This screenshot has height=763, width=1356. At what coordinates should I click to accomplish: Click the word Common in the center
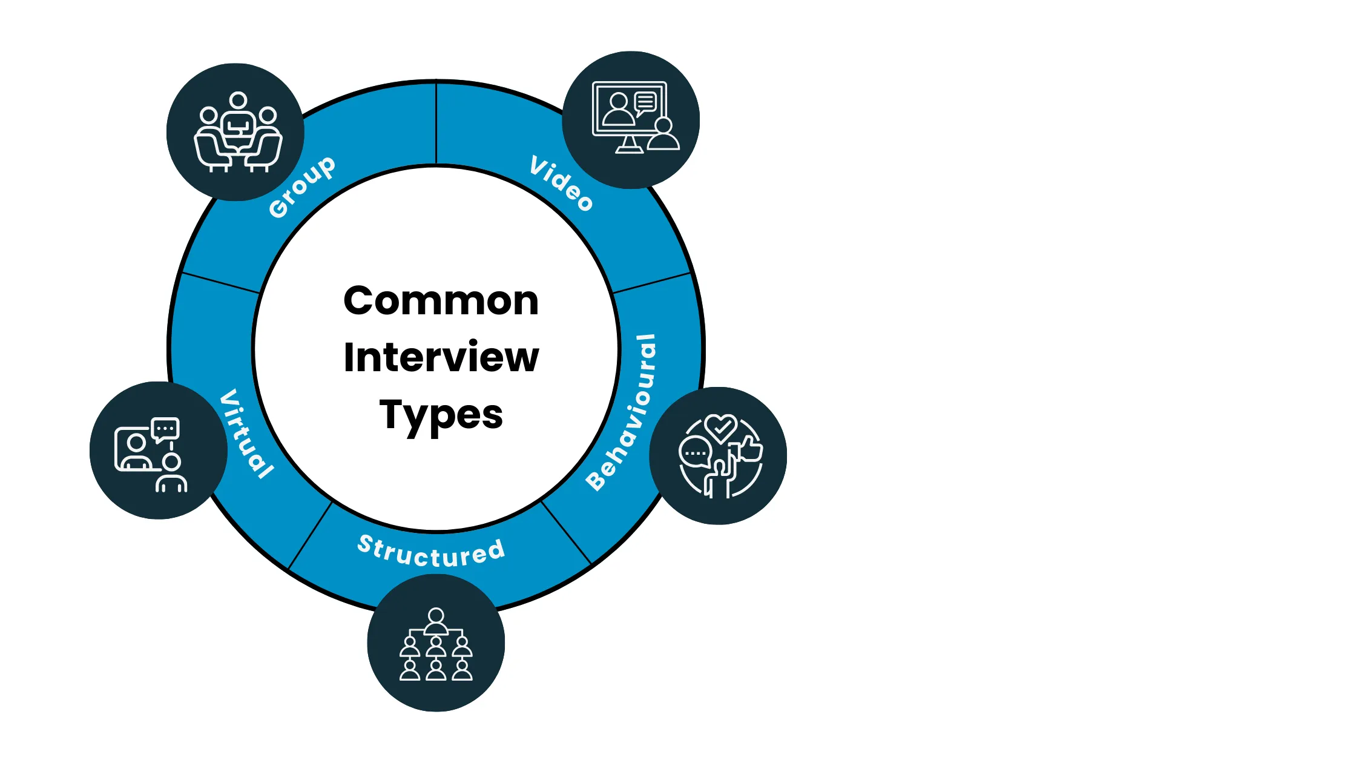pyautogui.click(x=441, y=301)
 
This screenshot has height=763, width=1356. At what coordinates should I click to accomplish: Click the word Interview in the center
pyautogui.click(x=441, y=357)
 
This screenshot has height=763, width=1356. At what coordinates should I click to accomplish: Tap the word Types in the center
pyautogui.click(x=441, y=415)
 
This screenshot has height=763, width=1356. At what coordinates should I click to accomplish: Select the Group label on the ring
pyautogui.click(x=301, y=187)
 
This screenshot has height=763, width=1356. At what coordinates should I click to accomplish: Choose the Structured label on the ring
pyautogui.click(x=431, y=553)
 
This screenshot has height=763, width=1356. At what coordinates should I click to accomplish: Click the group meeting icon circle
pyautogui.click(x=235, y=132)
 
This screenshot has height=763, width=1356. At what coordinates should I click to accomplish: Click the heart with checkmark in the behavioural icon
pyautogui.click(x=720, y=427)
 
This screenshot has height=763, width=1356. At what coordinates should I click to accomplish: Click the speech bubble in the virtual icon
pyautogui.click(x=165, y=429)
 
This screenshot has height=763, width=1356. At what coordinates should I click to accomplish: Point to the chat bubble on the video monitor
pyautogui.click(x=645, y=103)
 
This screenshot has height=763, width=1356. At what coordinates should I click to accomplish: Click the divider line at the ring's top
pyautogui.click(x=436, y=124)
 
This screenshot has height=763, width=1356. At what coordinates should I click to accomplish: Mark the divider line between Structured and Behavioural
pyautogui.click(x=566, y=533)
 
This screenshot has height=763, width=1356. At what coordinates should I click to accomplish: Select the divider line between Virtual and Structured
pyautogui.click(x=311, y=535)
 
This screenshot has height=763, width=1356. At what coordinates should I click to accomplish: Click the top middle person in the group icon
pyautogui.click(x=238, y=101)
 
